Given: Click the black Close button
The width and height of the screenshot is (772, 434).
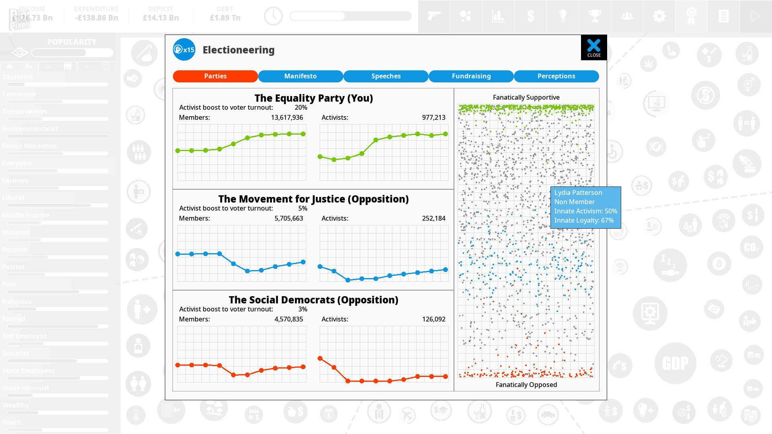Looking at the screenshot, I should tap(593, 48).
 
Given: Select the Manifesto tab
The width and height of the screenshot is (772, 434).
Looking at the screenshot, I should tap(300, 76).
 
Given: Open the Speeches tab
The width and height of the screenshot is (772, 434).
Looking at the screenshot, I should tap(386, 76).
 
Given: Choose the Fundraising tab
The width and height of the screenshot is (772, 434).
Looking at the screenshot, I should tap(471, 76).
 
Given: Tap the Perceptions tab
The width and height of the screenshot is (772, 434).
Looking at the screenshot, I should tap(556, 76).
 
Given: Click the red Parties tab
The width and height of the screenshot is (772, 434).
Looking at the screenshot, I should tap(215, 76).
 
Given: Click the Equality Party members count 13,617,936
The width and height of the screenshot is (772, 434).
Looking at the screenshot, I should tap(287, 117).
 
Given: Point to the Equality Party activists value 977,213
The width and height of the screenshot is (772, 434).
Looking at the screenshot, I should tap(433, 117).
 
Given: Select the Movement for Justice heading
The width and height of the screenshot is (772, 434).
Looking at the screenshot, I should tap(313, 199).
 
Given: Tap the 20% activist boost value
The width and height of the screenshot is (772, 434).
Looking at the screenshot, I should tap(301, 107).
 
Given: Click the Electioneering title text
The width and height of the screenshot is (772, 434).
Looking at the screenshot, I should tap(238, 50).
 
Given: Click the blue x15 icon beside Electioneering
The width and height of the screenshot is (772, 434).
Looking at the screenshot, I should tap(184, 49).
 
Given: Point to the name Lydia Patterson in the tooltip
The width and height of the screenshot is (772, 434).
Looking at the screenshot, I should tap(578, 192).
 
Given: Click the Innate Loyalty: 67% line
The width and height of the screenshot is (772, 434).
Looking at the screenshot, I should tap(584, 220).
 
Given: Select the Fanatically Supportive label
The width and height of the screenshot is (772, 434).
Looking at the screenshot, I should tap(526, 97).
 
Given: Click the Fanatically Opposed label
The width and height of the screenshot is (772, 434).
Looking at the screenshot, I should tap(526, 385).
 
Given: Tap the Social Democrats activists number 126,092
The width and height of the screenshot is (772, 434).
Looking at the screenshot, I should tap(433, 319).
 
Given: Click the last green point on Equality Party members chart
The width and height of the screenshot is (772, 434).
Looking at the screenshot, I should tap(303, 134).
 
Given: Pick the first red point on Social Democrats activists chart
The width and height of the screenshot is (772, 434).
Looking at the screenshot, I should tap(320, 358).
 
